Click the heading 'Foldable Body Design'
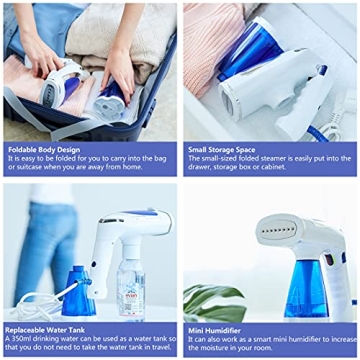pyautogui.click(x=44, y=149)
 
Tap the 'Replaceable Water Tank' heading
pyautogui.click(x=48, y=329)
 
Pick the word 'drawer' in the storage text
pyautogui.click(x=201, y=168)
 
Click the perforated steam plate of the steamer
pyautogui.click(x=279, y=232)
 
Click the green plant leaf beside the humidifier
pyautogui.click(x=215, y=301)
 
